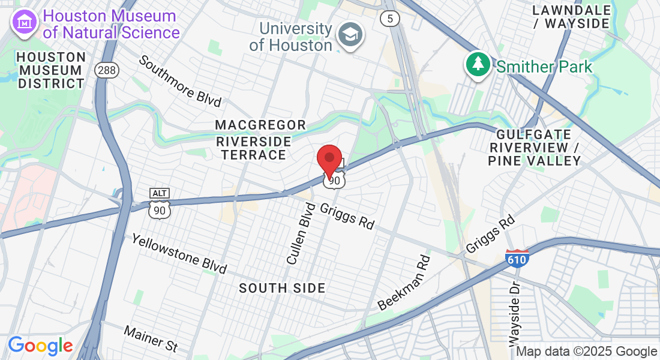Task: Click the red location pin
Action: pos(329,160)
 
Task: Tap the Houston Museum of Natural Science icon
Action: pos(25,23)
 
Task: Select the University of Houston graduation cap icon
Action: pos(350,34)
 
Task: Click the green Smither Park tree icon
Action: pos(478,64)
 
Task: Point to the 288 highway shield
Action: pos(106,70)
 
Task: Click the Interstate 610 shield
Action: pos(517,259)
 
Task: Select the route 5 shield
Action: pos(389,19)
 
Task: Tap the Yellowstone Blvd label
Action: pos(179,254)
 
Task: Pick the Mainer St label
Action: pos(151,338)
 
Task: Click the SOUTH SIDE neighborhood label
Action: pos(282,288)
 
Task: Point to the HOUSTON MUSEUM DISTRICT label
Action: pos(51,70)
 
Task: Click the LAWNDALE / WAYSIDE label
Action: pos(571,17)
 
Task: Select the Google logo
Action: pos(40,346)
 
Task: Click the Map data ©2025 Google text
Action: pos(586,352)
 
